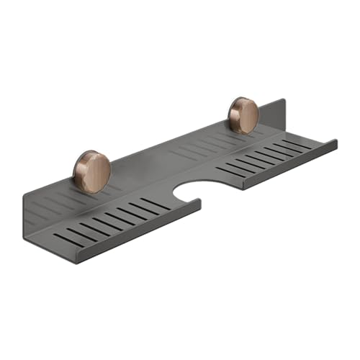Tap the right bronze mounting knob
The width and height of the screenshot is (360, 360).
(244, 116)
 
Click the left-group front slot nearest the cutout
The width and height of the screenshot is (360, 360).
(156, 204)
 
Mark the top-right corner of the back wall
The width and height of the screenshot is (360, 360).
(284, 100)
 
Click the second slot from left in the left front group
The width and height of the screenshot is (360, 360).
(79, 233)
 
